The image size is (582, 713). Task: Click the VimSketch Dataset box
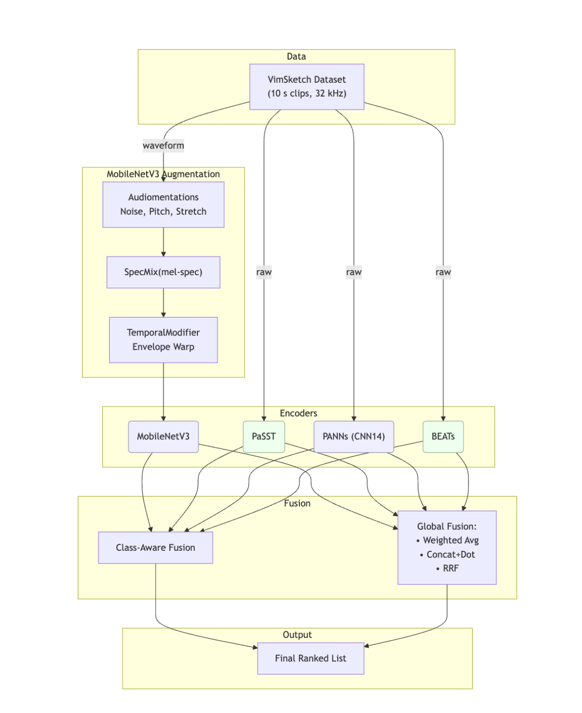307,87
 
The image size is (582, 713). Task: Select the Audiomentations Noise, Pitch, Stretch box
163,205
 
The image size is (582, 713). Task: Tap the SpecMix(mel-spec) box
163,272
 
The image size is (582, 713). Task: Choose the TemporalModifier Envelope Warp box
163,340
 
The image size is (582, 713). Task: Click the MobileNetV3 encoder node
163,437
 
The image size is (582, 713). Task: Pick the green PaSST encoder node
264,437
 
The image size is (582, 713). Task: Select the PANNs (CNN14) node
353,437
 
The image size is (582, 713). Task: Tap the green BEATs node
443,437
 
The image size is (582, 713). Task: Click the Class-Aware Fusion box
155,548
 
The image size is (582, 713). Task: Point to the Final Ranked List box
310,658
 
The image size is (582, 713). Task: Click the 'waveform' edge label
163,146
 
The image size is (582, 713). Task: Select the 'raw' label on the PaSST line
264,272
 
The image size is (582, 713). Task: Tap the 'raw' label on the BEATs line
443,272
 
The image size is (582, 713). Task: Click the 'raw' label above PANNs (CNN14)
353,272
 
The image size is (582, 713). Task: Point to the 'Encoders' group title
298,413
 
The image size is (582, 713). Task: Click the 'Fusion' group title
297,504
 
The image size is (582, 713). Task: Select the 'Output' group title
297,635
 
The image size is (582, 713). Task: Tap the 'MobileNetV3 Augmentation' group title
163,174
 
